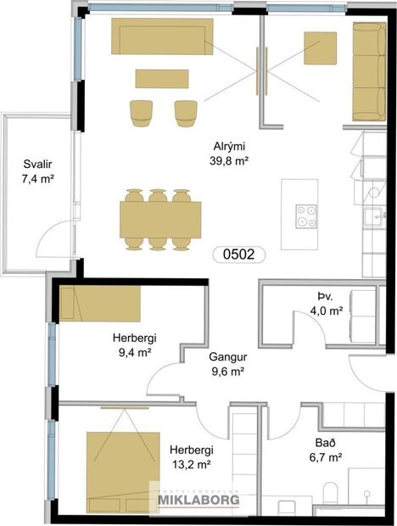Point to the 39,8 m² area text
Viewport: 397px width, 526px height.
(230, 159)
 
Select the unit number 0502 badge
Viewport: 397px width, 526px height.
(238, 253)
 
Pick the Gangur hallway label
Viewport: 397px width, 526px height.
(227, 356)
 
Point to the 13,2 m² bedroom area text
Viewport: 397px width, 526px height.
(191, 463)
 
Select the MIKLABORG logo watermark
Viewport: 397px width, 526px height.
(198, 500)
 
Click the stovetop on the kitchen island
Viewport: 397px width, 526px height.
(305, 216)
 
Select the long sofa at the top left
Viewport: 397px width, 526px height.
(162, 36)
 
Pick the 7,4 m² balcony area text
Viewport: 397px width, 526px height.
(36, 179)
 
